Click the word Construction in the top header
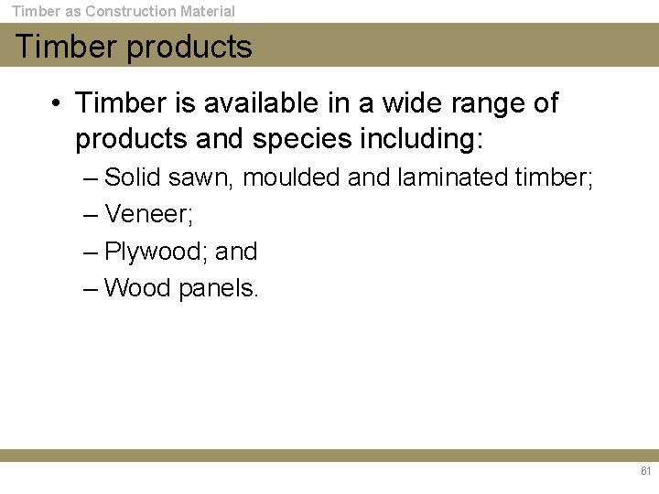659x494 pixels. coord(132,12)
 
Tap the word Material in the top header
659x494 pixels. coord(207,12)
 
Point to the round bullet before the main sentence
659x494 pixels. coord(57,103)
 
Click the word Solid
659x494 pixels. coord(134,177)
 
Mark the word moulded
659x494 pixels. coord(293,177)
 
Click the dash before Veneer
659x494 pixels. coord(90,215)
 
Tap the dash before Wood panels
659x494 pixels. coord(90,288)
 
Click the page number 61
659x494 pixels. coord(645,472)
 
